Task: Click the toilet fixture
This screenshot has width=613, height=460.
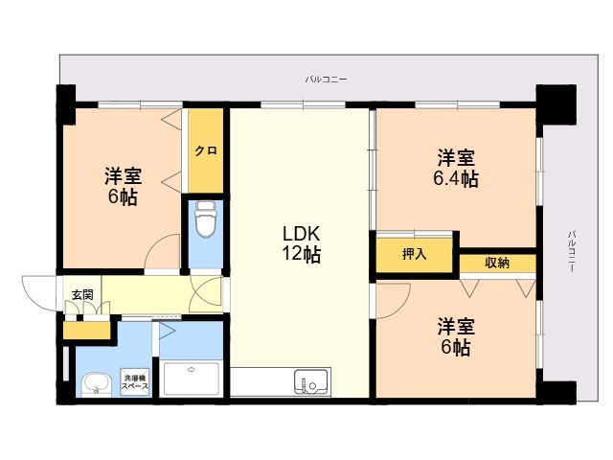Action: coord(206,219)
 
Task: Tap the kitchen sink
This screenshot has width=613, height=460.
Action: coord(311,381)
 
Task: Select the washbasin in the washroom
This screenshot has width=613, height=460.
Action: coord(97,384)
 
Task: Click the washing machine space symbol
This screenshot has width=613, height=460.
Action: coord(136,381)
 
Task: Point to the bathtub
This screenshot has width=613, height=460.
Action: coord(192,379)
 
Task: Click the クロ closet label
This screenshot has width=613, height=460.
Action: coord(206,150)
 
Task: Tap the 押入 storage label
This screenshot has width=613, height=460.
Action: coord(414,254)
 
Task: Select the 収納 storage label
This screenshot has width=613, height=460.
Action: coord(497,263)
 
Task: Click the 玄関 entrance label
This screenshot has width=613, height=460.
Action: coord(82,294)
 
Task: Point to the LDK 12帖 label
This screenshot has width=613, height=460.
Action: coord(302,243)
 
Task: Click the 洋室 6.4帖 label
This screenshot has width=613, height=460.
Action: coord(456,169)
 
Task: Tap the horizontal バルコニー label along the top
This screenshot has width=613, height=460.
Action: coord(326,80)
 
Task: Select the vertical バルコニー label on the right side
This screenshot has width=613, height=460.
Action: coord(571,251)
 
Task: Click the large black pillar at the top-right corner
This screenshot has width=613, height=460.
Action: coord(556,104)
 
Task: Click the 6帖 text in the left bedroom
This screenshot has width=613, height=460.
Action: coord(123,196)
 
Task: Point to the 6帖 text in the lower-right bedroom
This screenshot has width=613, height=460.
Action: coord(456,347)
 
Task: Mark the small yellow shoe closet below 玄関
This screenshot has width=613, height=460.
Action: coord(87,331)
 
